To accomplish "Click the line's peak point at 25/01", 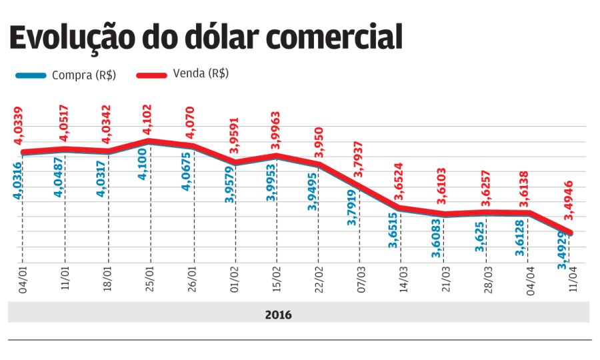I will pos(149,141).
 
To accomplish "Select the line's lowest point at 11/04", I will pos(571,233).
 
